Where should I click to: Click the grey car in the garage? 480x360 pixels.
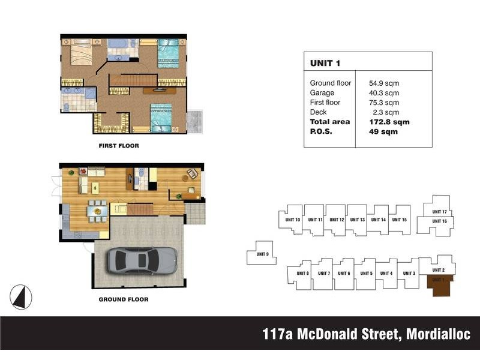pyautogui.click(x=142, y=260)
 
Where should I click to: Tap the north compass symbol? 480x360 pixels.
pyautogui.click(x=21, y=296)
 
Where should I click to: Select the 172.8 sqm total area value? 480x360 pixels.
pyautogui.click(x=389, y=122)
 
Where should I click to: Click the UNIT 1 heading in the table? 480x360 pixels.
pyautogui.click(x=325, y=63)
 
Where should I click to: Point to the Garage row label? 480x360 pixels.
pyautogui.click(x=322, y=93)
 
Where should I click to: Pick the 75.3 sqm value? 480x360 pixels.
pyautogui.click(x=384, y=103)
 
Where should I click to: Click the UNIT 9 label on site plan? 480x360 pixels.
pyautogui.click(x=262, y=254)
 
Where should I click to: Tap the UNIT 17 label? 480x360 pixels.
pyautogui.click(x=439, y=212)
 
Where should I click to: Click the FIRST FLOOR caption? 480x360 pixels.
pyautogui.click(x=119, y=146)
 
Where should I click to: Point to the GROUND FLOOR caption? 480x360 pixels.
pyautogui.click(x=124, y=299)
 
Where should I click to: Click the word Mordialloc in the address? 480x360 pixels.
pyautogui.click(x=439, y=334)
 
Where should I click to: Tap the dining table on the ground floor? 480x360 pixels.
pyautogui.click(x=98, y=211)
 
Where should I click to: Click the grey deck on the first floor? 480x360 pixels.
pyautogui.click(x=194, y=122)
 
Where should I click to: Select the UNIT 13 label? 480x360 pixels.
pyautogui.click(x=358, y=220)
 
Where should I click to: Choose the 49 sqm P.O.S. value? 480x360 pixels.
pyautogui.click(x=383, y=131)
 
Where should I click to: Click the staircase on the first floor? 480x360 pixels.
pyautogui.click(x=133, y=80)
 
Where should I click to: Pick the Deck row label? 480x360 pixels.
pyautogui.click(x=318, y=112)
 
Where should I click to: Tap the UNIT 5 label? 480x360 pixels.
pyautogui.click(x=367, y=274)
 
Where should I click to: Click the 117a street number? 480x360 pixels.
pyautogui.click(x=278, y=334)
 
